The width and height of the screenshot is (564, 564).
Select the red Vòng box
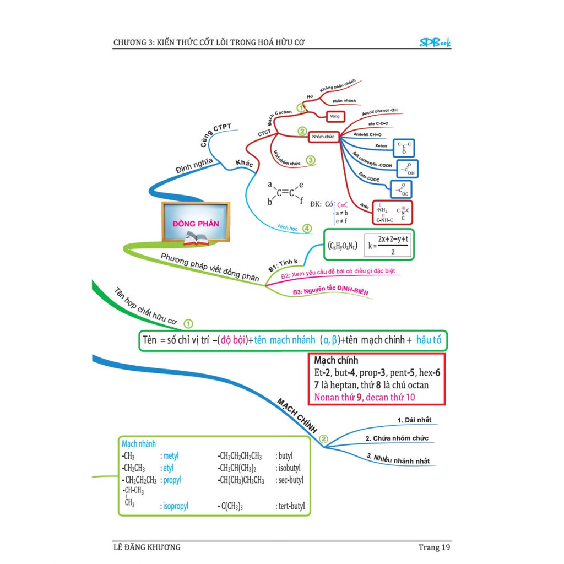pos(334,117)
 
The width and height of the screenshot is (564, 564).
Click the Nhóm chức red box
pos(323,135)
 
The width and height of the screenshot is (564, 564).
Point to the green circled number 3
pos(311,160)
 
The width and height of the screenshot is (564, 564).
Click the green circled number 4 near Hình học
pos(307,229)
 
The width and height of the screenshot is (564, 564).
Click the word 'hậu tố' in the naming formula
pos(430,340)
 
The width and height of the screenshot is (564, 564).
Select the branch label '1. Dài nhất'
pos(414,420)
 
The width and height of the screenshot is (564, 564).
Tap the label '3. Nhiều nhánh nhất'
pos(398,459)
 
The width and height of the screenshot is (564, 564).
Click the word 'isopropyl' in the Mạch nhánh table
pos(175,506)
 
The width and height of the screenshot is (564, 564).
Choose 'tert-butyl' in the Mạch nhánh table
pos(290,506)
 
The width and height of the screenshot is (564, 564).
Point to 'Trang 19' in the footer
pos(434,547)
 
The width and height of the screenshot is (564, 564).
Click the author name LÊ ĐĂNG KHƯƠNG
pos(146,547)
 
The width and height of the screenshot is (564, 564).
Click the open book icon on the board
pos(196,238)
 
